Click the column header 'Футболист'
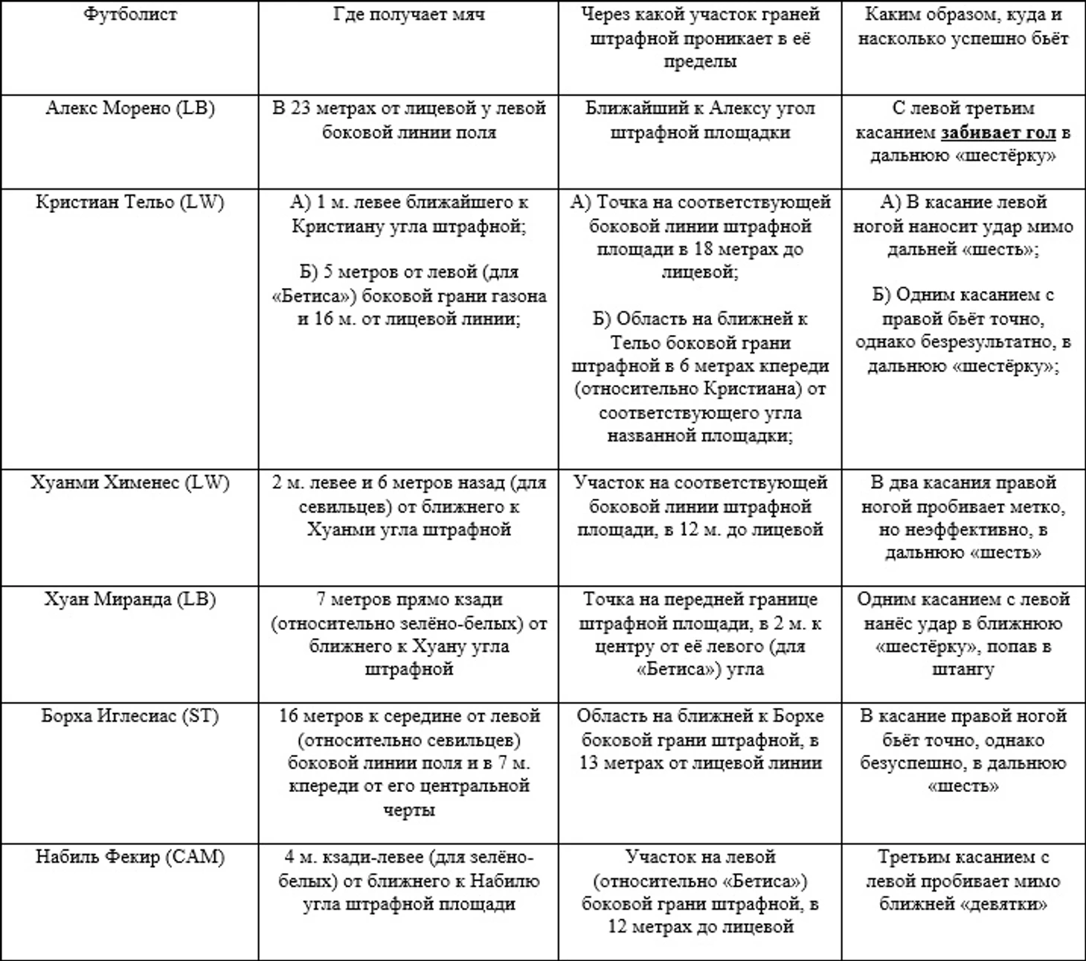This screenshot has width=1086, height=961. point(129,15)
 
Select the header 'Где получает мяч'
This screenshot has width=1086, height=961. point(408,15)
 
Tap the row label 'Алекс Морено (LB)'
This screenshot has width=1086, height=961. point(129,109)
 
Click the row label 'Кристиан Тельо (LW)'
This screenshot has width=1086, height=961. point(129,202)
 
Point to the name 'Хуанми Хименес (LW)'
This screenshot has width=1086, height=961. point(129,483)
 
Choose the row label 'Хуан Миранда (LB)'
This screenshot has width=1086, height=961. point(129,600)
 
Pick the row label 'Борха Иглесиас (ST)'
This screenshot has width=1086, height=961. point(129,716)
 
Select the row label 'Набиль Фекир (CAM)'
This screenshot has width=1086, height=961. point(129,858)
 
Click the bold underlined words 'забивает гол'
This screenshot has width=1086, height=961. point(998,133)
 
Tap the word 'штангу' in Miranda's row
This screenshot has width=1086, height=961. point(963,669)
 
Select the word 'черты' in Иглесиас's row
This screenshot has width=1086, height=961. point(408,810)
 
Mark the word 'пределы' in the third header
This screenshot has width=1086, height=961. point(699,62)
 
